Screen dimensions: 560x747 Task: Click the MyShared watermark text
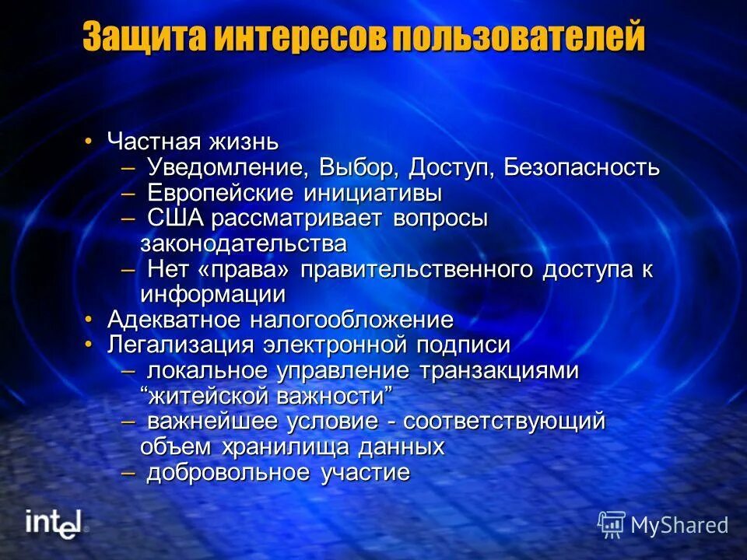click(679, 525)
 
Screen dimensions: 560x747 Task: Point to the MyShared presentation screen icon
click(612, 524)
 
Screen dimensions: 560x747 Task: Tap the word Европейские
click(209, 193)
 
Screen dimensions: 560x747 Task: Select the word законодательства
click(244, 243)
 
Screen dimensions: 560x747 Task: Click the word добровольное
click(229, 472)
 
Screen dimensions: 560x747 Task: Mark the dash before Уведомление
click(129, 167)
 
